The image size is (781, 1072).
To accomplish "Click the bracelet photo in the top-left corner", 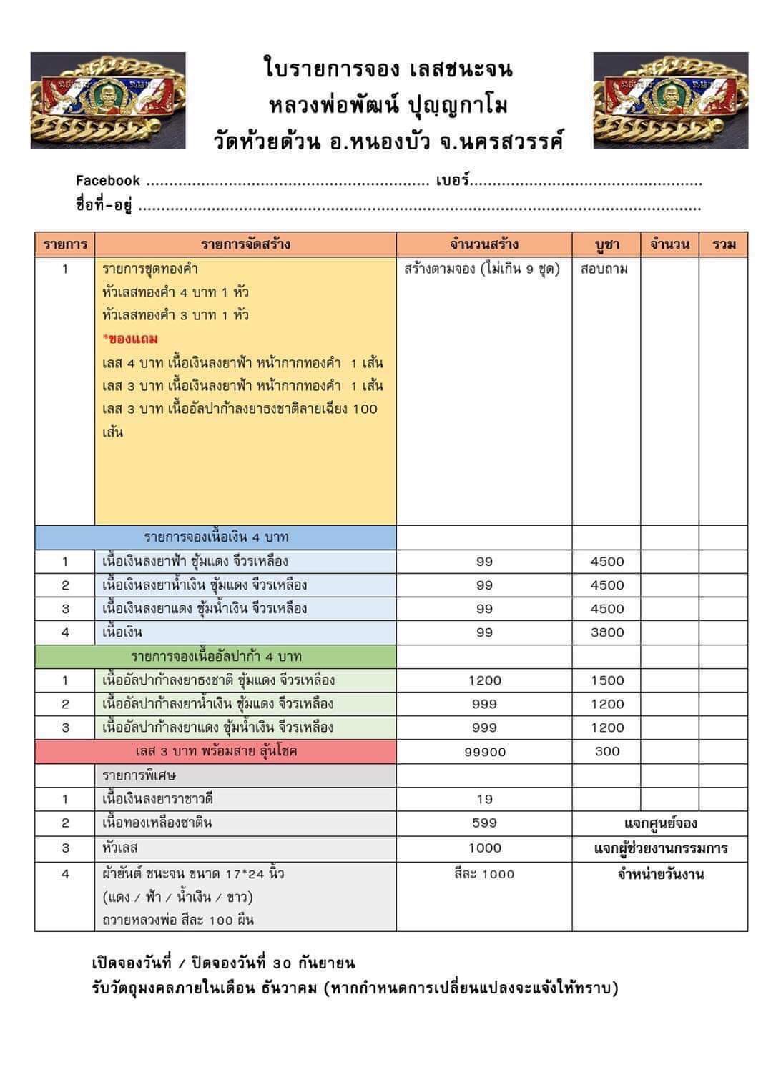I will pos(108,100).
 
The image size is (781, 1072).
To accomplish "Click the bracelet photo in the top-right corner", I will pos(670,100).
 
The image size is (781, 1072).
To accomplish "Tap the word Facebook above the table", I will pos(108,181).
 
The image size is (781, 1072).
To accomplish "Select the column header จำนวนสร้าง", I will pos(484,244).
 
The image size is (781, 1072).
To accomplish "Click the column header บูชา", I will pos(606,244).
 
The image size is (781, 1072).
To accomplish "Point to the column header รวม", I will pos(724,244).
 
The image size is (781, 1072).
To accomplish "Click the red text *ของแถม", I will pos(130,339).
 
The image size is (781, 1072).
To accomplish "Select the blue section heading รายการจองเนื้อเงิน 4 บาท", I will pos(216,537).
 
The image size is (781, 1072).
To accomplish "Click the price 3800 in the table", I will pos(607,632).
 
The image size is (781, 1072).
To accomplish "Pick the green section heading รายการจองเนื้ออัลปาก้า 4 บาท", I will pos(216,656).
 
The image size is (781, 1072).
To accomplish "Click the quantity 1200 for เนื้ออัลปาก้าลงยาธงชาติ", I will pos(485,680).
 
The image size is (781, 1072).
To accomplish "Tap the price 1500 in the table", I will pos(607,680).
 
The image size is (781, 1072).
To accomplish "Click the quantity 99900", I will pos(485,752).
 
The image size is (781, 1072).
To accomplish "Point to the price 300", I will pos(607,751).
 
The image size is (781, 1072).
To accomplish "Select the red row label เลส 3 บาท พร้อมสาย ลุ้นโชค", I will pos(216,751).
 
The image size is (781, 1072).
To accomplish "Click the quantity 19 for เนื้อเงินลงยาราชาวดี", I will pos(485,800).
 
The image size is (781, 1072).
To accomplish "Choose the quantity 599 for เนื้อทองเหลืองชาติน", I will pos(485,823).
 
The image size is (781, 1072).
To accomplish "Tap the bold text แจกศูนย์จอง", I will pos(660,824).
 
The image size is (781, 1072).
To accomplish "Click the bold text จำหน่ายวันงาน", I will pos(660,874).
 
